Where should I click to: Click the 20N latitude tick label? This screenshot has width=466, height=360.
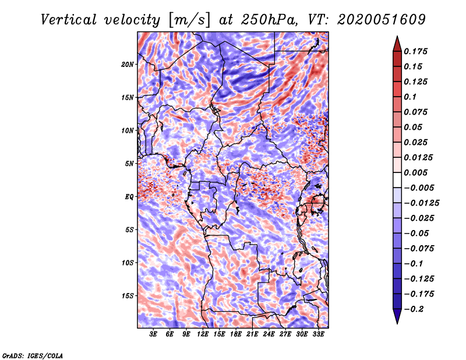tap(128, 64)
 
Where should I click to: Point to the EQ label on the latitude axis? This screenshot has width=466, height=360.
tap(129, 197)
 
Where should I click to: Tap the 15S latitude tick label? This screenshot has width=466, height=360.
tap(128, 296)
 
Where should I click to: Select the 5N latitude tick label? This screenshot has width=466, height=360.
tap(129, 164)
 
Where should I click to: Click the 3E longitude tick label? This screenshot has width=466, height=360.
tap(154, 334)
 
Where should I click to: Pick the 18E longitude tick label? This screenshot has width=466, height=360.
tap(236, 334)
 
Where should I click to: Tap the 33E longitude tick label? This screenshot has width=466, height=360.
tap(318, 334)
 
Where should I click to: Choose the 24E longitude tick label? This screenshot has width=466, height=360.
tap(269, 334)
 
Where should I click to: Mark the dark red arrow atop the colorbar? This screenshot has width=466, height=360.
tap(397, 43)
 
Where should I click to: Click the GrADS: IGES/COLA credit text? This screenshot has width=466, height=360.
tap(32, 355)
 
